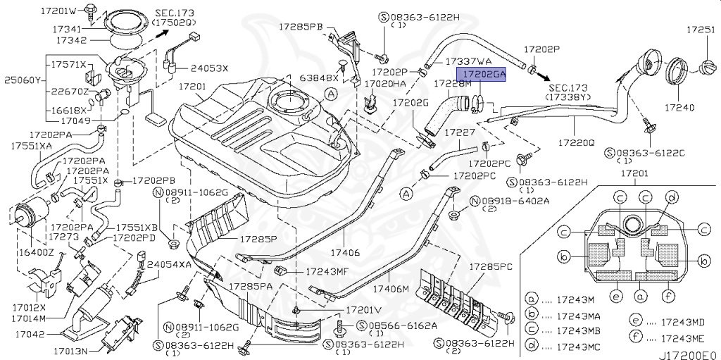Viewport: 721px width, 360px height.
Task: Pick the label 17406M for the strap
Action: pos(391,289)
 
